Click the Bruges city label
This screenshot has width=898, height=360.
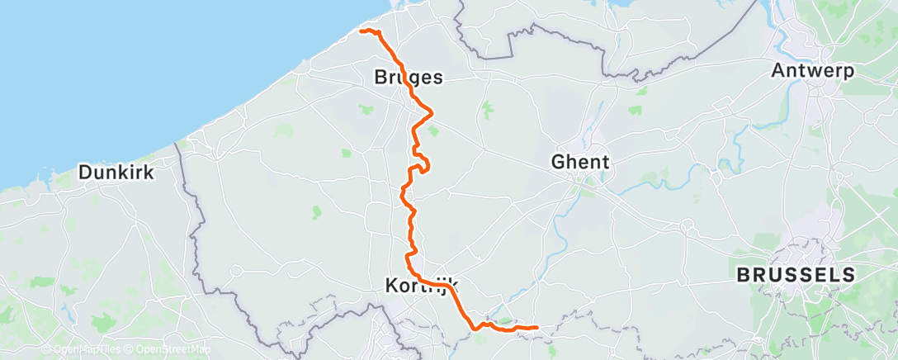(x=409, y=78)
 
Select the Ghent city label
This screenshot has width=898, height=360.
(x=582, y=163)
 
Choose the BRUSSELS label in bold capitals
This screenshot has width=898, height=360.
(x=796, y=274)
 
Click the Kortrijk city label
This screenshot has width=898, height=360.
(x=422, y=287)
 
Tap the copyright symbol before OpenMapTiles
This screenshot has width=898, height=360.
(x=45, y=349)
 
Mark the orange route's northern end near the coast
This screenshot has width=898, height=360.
(x=362, y=31)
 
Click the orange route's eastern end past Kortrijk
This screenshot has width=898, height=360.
(x=537, y=327)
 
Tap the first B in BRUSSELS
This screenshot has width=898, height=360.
(x=742, y=274)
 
